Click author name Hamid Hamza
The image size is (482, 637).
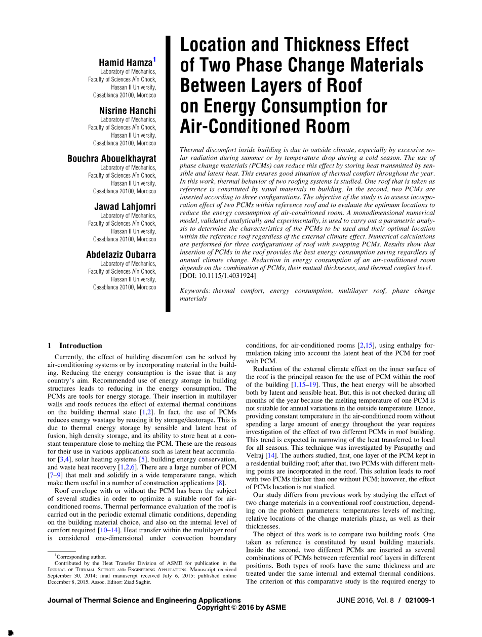[x=125, y=63]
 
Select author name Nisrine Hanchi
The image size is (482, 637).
[x=128, y=111]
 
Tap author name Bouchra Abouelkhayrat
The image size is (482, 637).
[x=112, y=159]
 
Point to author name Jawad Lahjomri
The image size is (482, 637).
[x=125, y=206]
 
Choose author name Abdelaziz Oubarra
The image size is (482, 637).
[x=121, y=254]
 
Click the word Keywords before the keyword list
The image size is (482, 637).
[x=195, y=291]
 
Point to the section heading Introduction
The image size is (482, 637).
[x=81, y=346]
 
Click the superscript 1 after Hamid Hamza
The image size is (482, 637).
[x=154, y=60]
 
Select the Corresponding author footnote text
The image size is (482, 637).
[x=81, y=557]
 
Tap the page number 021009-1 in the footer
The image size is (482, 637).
[x=420, y=601]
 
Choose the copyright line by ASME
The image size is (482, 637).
[x=241, y=608]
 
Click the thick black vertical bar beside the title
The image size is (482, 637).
[x=169, y=172]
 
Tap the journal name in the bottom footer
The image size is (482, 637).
[x=144, y=601]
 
